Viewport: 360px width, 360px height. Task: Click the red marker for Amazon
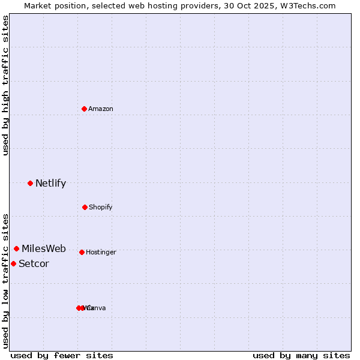(85, 109)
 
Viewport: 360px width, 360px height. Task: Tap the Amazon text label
(101, 109)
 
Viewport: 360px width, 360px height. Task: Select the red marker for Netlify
(30, 183)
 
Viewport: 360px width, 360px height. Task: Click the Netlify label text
(50, 183)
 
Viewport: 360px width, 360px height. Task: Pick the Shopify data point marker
(85, 207)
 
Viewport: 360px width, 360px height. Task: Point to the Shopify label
(100, 207)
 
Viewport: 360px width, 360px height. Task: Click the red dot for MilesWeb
(16, 248)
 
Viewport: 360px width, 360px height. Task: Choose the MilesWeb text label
(44, 248)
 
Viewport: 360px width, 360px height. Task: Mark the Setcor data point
(13, 263)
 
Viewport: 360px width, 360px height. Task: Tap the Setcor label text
(34, 263)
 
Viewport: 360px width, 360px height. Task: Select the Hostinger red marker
(82, 252)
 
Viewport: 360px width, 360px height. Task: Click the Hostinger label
(101, 252)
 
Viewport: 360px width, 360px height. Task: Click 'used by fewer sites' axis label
(62, 355)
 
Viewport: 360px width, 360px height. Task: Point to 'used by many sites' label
(301, 355)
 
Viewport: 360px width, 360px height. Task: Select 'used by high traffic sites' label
(5, 85)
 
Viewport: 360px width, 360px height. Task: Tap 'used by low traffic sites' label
(5, 281)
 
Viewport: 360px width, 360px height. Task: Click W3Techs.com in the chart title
(310, 5)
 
